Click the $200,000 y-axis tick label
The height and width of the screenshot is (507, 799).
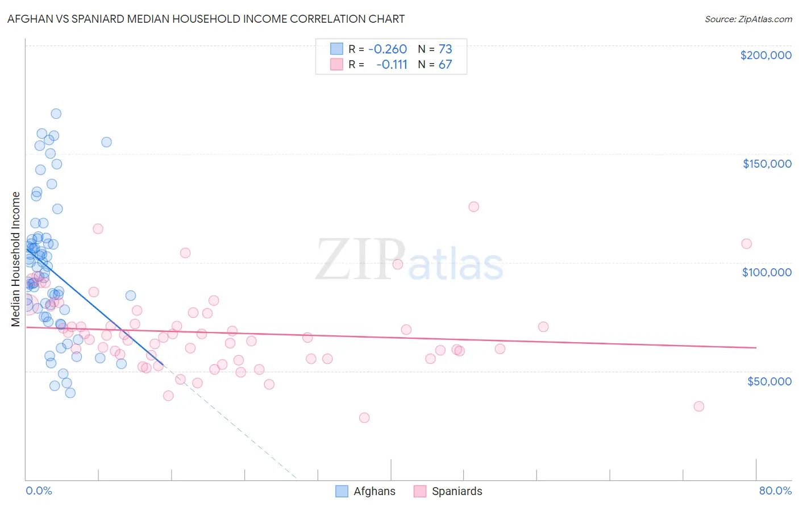(x=765, y=55)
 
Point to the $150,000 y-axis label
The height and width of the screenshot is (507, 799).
(x=767, y=164)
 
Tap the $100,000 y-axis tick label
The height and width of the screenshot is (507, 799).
(x=767, y=272)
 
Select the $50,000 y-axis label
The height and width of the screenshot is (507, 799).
(x=769, y=381)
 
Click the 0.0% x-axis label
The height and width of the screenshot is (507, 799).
(x=39, y=491)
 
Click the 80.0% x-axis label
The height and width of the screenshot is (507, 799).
(x=775, y=491)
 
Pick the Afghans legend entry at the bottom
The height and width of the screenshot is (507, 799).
(x=365, y=491)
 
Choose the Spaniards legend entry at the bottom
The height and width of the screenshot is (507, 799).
(x=448, y=491)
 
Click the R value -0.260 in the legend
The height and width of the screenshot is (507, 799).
(x=388, y=49)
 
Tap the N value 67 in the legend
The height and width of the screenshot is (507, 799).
(x=445, y=64)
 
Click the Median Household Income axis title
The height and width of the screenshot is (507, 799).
(x=15, y=259)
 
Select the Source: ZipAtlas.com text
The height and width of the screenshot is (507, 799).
(x=748, y=19)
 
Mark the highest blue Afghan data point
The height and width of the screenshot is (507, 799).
(x=56, y=114)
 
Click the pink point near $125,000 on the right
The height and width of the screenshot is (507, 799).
(x=473, y=207)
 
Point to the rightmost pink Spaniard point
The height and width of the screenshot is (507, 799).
(x=746, y=244)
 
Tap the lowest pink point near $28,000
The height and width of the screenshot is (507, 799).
(x=364, y=418)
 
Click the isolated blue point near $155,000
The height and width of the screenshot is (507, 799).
(x=106, y=142)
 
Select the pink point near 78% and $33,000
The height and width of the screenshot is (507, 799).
(x=698, y=406)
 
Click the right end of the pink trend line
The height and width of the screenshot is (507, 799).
(x=756, y=347)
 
